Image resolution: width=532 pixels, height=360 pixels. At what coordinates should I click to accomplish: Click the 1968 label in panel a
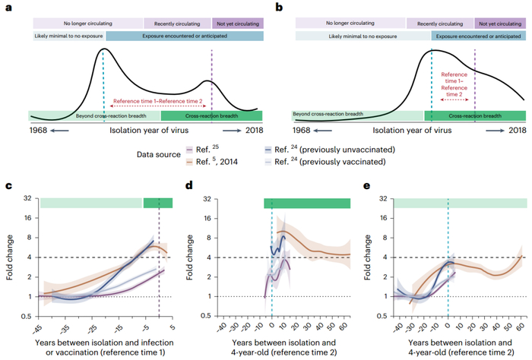pyautogui.click(x=40, y=131)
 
